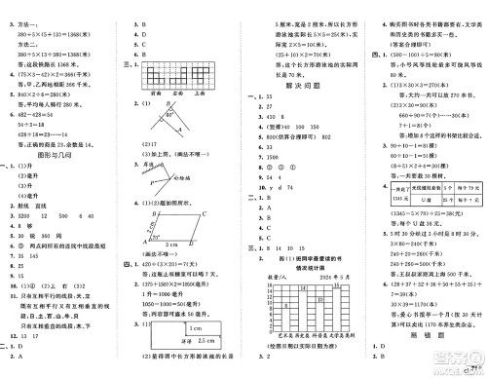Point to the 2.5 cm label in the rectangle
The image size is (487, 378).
(x=207, y=357)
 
